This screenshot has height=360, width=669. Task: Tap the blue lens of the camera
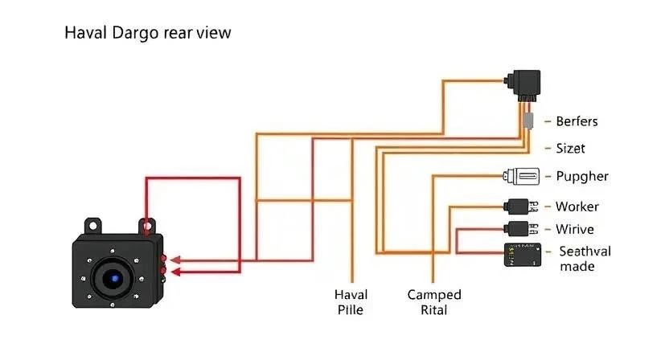coord(114,279)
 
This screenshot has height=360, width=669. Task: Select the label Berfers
coord(577,121)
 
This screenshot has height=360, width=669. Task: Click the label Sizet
coord(570,149)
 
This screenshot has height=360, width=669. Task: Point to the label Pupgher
coord(582,177)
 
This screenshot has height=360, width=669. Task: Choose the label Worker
coord(577,207)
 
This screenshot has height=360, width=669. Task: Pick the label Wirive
coord(575,230)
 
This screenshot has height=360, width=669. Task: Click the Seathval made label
coord(585,259)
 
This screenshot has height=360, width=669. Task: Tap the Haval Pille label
coord(351,302)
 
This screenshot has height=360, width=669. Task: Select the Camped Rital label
coord(434,302)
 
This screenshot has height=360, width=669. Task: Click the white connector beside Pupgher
coord(521,176)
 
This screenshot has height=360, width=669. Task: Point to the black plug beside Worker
coord(520,207)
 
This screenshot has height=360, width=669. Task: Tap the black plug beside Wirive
coord(520,229)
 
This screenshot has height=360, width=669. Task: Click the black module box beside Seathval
coord(523,255)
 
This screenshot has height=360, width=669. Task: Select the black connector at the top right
coord(523,85)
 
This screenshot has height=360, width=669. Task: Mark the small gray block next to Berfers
coord(528,121)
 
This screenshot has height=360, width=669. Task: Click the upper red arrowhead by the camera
coord(175,260)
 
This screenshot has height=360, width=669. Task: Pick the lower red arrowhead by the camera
coord(175,272)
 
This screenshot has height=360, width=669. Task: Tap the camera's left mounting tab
coord(92,226)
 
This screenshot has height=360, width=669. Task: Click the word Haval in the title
coord(85,33)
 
